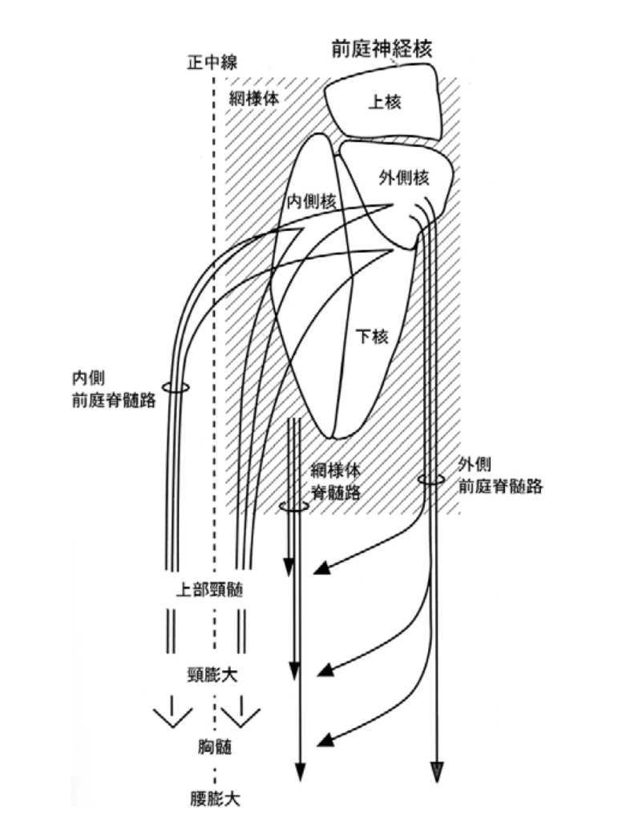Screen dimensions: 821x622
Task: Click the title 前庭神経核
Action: pos(382,49)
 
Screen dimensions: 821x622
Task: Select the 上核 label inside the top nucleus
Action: pos(383,102)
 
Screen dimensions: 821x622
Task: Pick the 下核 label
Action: pos(372,338)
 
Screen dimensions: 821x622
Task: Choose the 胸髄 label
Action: pos(214,747)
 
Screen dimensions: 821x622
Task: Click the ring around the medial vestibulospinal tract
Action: pos(175,387)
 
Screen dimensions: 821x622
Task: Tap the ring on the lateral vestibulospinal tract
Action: pos(431,480)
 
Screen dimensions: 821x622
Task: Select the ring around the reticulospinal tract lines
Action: pos(293,507)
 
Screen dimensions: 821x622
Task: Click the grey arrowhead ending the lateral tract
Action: pos(437,769)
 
